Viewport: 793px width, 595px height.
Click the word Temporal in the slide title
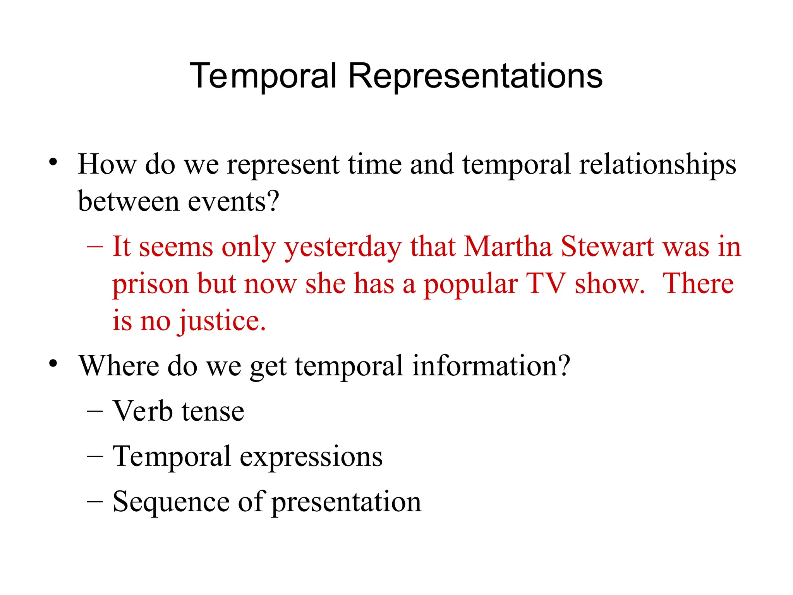(x=263, y=76)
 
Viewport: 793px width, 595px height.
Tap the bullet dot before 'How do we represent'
(x=53, y=162)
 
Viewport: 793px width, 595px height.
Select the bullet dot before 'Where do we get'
(x=53, y=363)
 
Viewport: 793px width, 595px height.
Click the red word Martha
(x=508, y=247)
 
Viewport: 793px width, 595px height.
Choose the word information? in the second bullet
(x=491, y=366)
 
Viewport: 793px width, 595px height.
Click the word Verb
(x=142, y=411)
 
